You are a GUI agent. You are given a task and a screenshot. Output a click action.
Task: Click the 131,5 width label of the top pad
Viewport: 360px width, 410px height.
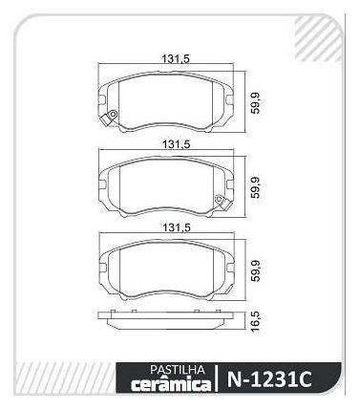(176, 59)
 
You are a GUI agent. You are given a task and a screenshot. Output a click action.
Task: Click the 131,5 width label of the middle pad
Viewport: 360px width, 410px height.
(177, 144)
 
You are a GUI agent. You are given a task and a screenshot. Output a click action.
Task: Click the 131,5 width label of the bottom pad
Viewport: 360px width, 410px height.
(177, 227)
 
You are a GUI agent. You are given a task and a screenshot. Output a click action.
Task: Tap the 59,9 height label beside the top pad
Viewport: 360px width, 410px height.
(255, 102)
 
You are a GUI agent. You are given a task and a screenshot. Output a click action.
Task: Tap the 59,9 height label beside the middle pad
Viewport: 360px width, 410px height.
(255, 188)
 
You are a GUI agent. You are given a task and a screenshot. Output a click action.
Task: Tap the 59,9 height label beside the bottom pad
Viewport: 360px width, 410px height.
(255, 270)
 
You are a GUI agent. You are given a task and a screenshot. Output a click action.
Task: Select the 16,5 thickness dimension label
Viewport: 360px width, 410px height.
(255, 322)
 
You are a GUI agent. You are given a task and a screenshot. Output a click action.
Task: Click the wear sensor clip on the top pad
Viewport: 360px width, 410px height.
(109, 118)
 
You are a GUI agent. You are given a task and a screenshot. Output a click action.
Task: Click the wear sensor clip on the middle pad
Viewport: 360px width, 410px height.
(222, 202)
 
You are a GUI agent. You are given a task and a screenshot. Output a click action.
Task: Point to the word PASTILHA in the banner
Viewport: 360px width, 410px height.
(178, 370)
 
